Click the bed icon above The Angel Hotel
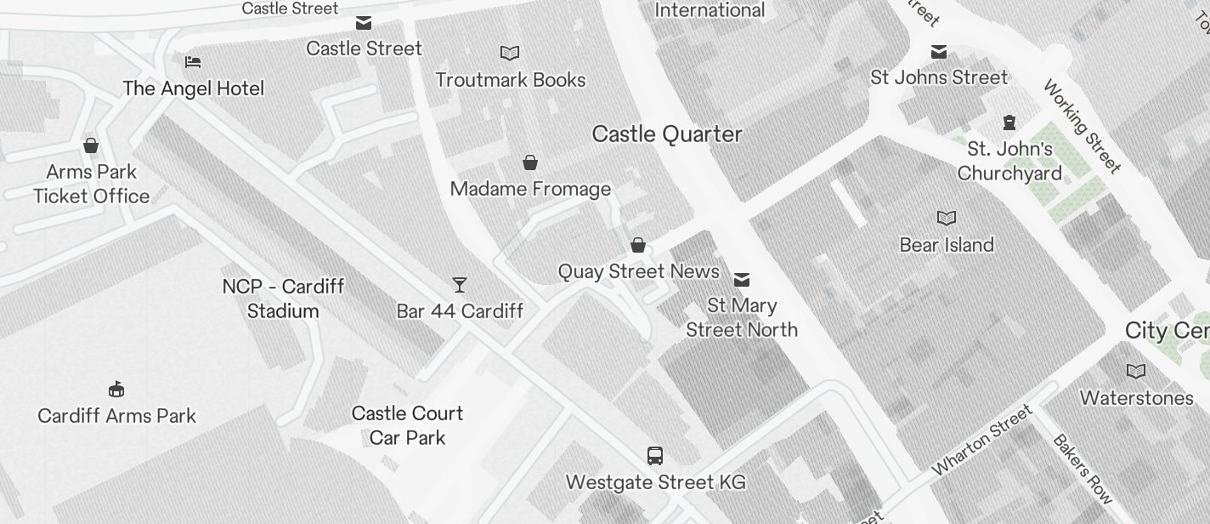[193, 62]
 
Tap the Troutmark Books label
[510, 80]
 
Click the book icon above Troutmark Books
[510, 54]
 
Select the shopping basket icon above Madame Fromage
[530, 162]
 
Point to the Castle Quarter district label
[667, 134]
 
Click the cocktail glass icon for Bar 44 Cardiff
[460, 285]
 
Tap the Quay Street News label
[638, 271]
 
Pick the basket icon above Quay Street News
[638, 246]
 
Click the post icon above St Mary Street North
[742, 280]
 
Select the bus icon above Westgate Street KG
[655, 456]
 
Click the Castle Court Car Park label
[408, 425]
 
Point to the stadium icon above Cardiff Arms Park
[117, 390]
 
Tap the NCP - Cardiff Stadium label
[283, 299]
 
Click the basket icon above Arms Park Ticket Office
[91, 145]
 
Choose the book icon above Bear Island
[947, 219]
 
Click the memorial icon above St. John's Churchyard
[1009, 122]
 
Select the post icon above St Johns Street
[939, 52]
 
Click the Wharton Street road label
[982, 441]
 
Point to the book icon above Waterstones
[1136, 372]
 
